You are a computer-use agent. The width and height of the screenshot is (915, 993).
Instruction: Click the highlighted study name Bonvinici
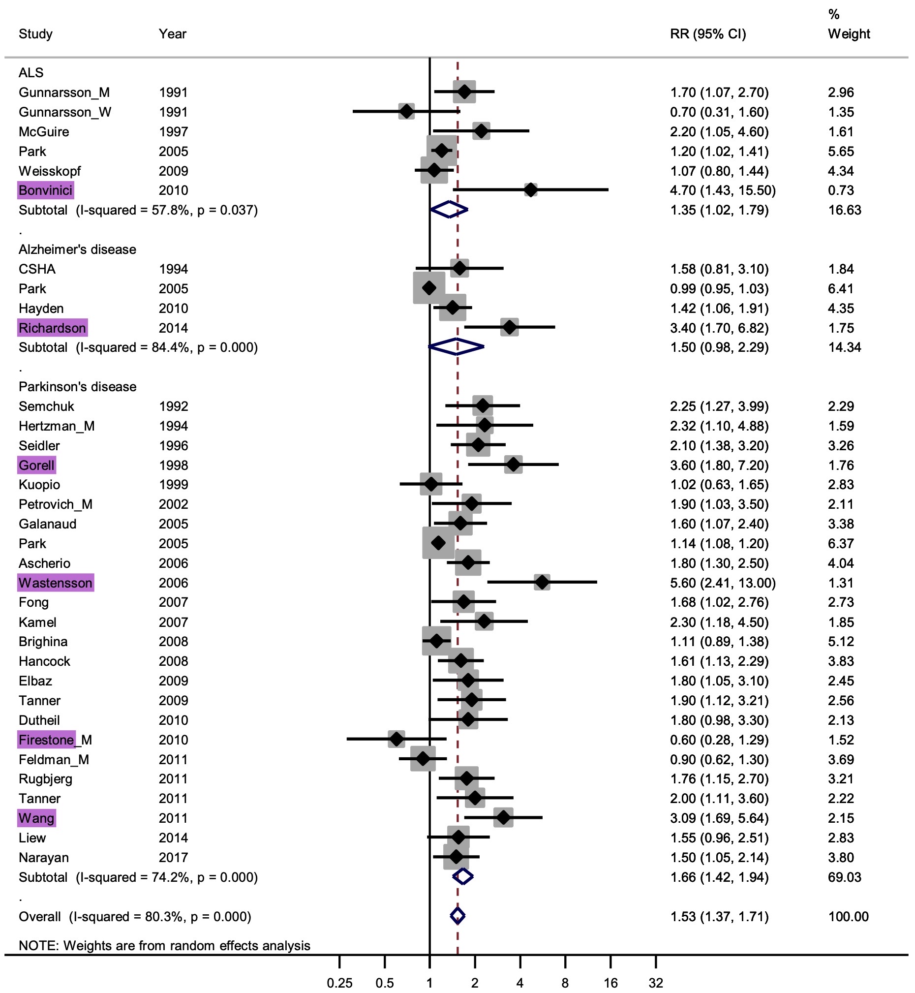point(46,190)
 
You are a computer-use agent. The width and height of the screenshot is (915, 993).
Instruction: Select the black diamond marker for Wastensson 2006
point(542,583)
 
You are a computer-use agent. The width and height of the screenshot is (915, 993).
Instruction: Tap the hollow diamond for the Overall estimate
point(457,917)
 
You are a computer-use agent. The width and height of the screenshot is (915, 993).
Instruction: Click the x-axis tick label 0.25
point(339,984)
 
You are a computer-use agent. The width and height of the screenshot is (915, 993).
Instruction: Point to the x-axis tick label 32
point(656,984)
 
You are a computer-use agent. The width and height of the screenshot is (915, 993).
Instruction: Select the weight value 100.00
point(848,917)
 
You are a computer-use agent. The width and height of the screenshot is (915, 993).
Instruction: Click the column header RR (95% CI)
point(707,34)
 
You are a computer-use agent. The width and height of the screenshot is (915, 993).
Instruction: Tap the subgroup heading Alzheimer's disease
point(77,249)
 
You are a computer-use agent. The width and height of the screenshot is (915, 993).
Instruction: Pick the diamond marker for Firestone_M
point(396,740)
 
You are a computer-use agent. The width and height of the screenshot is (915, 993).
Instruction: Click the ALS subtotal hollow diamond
point(449,210)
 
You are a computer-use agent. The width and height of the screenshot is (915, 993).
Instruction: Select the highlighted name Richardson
point(53,328)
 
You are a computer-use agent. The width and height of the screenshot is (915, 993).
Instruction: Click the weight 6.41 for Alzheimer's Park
point(841,289)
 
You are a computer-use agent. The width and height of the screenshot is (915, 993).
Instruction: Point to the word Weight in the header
point(849,34)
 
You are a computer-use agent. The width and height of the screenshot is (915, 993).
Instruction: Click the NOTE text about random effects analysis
point(164,946)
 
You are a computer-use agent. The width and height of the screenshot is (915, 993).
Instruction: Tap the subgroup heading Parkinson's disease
point(77,387)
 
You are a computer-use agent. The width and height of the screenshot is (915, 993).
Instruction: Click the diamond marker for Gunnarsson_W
point(406,112)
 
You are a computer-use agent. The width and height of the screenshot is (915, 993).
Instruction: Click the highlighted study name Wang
point(36,819)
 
